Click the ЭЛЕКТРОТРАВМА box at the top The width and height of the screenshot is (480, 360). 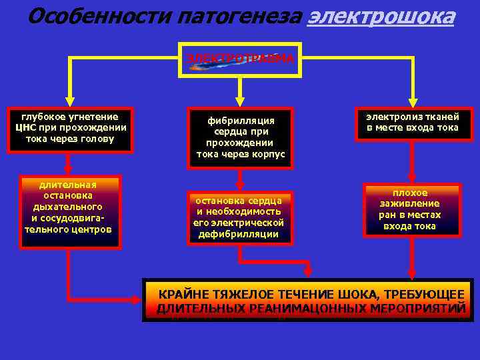pos(240,59)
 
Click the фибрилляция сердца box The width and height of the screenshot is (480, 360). pos(240,137)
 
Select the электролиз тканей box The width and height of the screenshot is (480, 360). pos(412,123)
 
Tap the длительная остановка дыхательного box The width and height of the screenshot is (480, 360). pos(69,207)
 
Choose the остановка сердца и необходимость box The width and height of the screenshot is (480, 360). pos(239,217)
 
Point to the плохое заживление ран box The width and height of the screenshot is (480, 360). pos(411,209)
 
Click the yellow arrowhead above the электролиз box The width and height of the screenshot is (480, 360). pos(413,101)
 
